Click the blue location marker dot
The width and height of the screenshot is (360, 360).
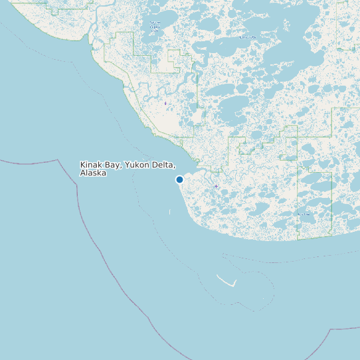coord(179,179)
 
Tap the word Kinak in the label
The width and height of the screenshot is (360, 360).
coord(91,164)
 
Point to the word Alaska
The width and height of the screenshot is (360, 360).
coord(93,173)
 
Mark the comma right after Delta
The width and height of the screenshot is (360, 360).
coord(174,166)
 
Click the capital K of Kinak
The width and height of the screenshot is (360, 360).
coord(82,164)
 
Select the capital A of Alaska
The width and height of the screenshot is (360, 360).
coord(82,173)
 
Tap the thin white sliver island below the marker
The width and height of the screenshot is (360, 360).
coord(169,212)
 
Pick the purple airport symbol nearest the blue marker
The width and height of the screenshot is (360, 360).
coord(217,187)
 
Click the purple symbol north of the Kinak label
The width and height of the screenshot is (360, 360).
coord(165,104)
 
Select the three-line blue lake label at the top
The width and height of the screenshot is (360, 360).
coord(155,27)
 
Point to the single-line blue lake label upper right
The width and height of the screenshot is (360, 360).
coord(247,38)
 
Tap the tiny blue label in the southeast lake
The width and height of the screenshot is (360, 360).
coord(303,215)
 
